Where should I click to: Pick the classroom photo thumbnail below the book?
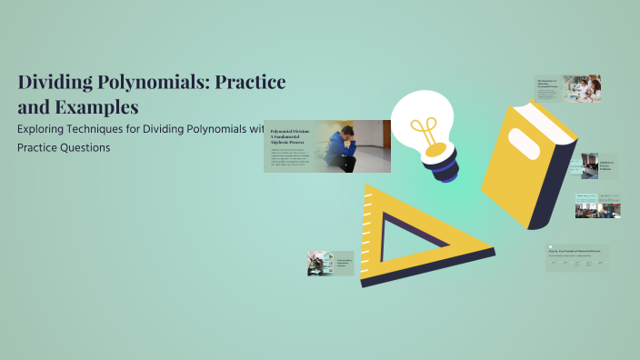point(597,205)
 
